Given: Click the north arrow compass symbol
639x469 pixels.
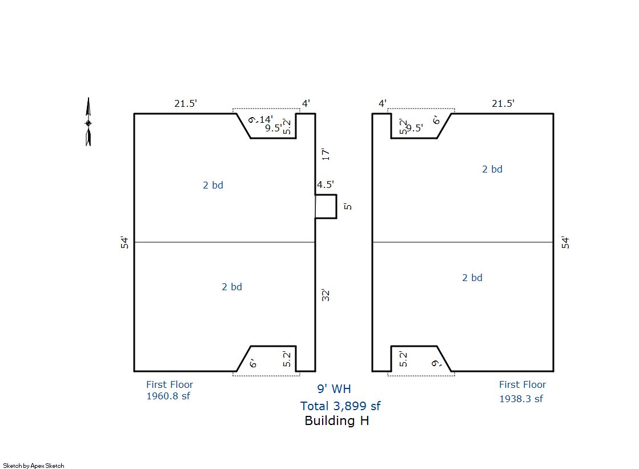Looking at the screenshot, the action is click(x=88, y=122).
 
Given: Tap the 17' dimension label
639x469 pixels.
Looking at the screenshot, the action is click(x=325, y=154).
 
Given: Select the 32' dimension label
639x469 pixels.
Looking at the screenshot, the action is click(x=325, y=295).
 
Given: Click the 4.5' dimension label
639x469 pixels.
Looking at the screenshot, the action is click(x=325, y=185).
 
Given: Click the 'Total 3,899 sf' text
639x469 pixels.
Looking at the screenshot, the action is click(x=340, y=406).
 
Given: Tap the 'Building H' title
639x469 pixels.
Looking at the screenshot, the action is click(x=336, y=420).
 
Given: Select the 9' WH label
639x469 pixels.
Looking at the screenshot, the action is click(x=334, y=388).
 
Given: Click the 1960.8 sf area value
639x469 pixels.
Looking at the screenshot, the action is click(x=168, y=396).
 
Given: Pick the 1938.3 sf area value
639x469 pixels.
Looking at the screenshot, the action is click(x=521, y=399).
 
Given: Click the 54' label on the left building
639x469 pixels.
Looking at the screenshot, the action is click(x=124, y=242).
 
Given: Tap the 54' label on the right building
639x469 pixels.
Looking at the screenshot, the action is click(x=565, y=242).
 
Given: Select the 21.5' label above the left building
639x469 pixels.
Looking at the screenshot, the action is click(x=186, y=103).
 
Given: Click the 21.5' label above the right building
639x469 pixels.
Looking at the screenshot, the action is click(x=503, y=103).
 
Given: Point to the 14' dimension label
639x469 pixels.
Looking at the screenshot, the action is click(x=266, y=119).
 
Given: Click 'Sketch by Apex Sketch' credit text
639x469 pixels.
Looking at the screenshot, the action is click(x=34, y=466).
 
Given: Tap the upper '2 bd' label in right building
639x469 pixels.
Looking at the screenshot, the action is click(x=492, y=169).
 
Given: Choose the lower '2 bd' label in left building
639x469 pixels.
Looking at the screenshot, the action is click(x=231, y=287).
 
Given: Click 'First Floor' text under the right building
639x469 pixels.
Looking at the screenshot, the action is click(x=523, y=384).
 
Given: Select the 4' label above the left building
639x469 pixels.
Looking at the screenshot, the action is click(x=306, y=103).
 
